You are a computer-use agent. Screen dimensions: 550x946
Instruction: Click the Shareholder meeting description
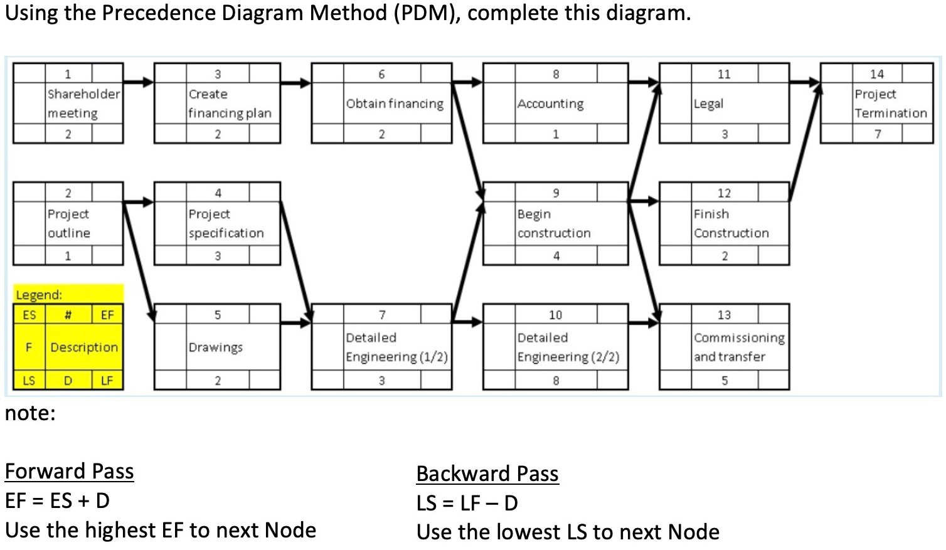[83, 103]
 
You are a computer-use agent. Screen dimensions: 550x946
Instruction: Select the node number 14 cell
[876, 74]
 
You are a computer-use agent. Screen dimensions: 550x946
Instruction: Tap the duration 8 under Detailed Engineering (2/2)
[555, 380]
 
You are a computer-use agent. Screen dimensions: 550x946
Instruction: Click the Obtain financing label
[395, 103]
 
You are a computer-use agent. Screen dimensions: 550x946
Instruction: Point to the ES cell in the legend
[29, 315]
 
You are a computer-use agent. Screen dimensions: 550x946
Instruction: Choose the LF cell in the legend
[107, 380]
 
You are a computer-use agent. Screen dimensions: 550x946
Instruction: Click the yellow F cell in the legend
[29, 347]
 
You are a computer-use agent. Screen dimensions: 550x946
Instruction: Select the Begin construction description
[554, 223]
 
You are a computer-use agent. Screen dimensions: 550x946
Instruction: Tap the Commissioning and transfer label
[738, 347]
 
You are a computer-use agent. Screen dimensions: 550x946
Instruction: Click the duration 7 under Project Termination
[877, 134]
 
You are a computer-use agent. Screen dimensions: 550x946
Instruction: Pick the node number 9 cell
[555, 193]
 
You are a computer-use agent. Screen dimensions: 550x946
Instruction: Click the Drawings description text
[215, 347]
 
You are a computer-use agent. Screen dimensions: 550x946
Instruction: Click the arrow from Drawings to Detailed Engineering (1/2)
[295, 323]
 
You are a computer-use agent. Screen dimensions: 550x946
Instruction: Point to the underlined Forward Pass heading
[69, 471]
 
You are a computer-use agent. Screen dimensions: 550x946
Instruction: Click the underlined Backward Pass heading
[487, 473]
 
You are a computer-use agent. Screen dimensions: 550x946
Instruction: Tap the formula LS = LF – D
[467, 503]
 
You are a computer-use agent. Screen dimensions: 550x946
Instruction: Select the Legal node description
[708, 103]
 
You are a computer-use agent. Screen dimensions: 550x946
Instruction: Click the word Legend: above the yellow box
[39, 295]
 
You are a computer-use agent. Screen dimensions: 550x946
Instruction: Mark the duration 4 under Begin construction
[556, 255]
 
